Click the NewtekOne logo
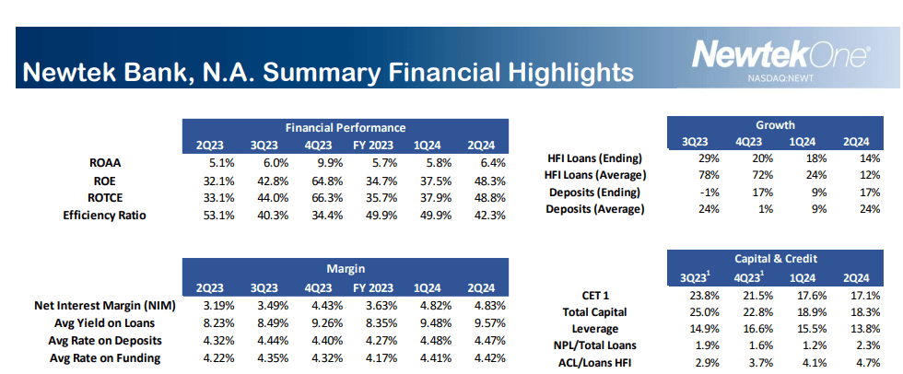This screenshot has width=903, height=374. click(x=780, y=55)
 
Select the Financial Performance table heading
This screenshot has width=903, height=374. click(x=345, y=127)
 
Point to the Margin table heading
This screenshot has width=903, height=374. click(x=345, y=269)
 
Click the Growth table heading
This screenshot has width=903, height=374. click(x=775, y=125)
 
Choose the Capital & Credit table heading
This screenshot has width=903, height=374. click(x=775, y=259)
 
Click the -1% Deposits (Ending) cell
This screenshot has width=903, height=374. click(x=699, y=193)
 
